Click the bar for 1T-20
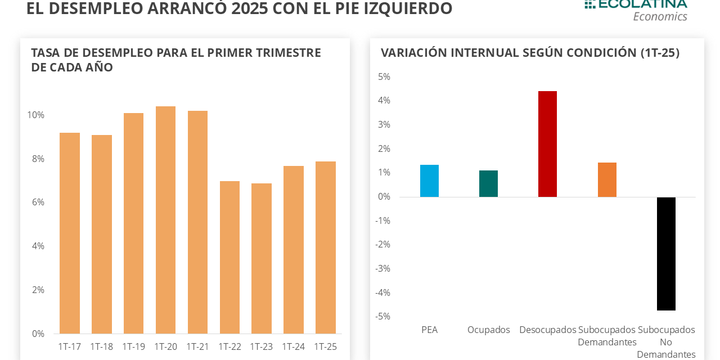165,220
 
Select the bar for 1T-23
262,258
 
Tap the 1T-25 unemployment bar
326,247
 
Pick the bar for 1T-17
70,233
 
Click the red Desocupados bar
547,144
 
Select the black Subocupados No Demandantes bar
666,254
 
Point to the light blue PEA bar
429,181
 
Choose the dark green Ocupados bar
488,184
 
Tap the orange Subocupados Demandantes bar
607,180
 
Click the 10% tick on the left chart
36,115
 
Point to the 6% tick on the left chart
38,202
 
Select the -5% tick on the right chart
382,316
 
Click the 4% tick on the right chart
384,101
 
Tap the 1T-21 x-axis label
197,346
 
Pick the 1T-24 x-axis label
293,346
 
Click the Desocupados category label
547,330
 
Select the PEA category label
429,330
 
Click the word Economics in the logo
660,16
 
